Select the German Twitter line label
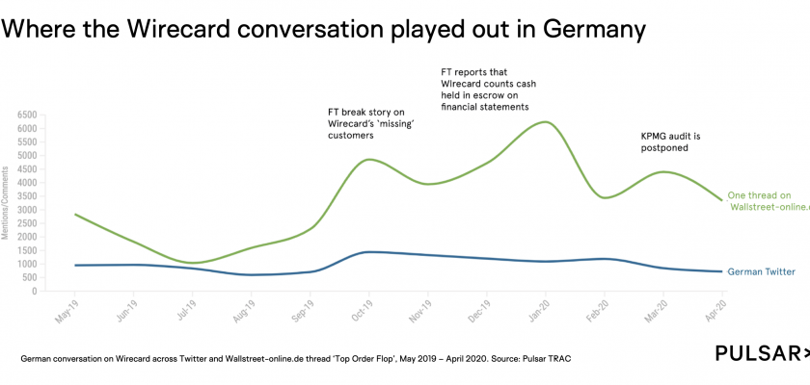pyautogui.click(x=761, y=272)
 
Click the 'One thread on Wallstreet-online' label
pyautogui.click(x=768, y=199)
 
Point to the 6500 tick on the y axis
pyautogui.click(x=27, y=115)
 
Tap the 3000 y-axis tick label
pyautogui.click(x=27, y=210)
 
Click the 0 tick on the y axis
pyautogui.click(x=34, y=292)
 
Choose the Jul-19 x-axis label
pyautogui.click(x=180, y=312)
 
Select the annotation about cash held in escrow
pyautogui.click(x=488, y=89)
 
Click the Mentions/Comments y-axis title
pyautogui.click(x=8, y=202)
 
